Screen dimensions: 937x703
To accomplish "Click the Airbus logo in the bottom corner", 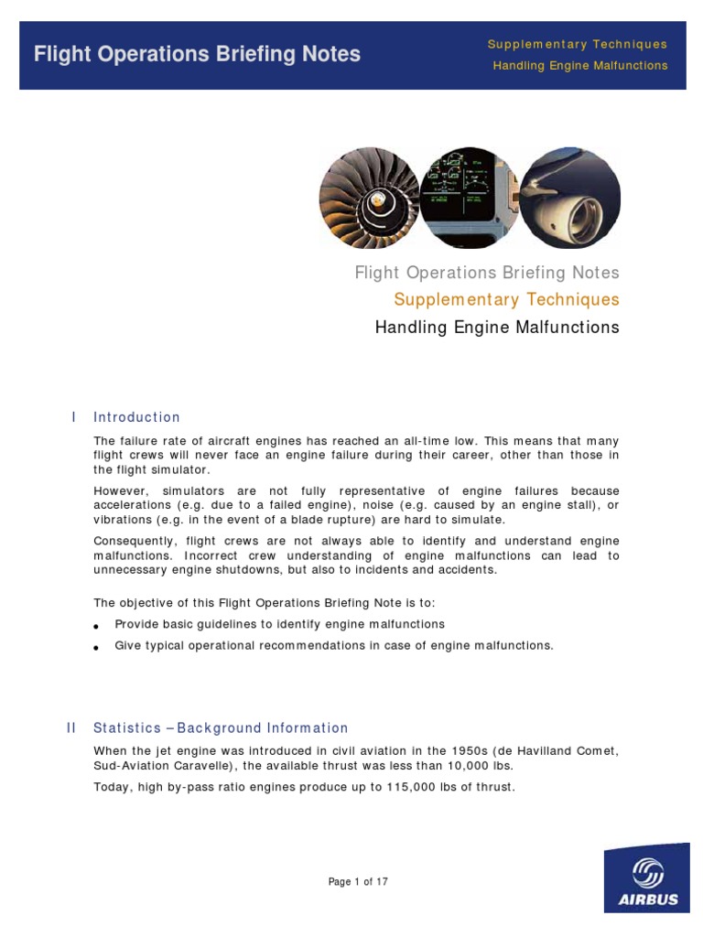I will [646, 878].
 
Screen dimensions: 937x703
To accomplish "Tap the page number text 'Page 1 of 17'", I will [359, 882].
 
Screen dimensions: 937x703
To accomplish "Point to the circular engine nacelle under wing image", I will [570, 198].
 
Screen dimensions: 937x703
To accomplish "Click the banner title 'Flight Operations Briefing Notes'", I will [197, 54].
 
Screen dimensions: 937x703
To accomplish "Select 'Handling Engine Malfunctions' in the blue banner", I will [579, 66].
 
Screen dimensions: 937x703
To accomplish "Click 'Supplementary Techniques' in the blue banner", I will [577, 44].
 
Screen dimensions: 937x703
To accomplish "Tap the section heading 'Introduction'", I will [136, 417].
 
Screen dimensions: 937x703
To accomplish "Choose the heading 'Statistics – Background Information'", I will [221, 728].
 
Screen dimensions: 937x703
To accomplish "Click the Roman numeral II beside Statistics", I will [71, 728].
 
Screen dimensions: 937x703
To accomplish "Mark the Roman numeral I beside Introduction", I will [73, 417].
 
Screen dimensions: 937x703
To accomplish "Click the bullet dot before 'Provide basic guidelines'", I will [96, 626].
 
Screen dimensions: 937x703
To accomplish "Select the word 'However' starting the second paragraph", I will [119, 491].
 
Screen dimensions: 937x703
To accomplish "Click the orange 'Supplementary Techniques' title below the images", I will [506, 300].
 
